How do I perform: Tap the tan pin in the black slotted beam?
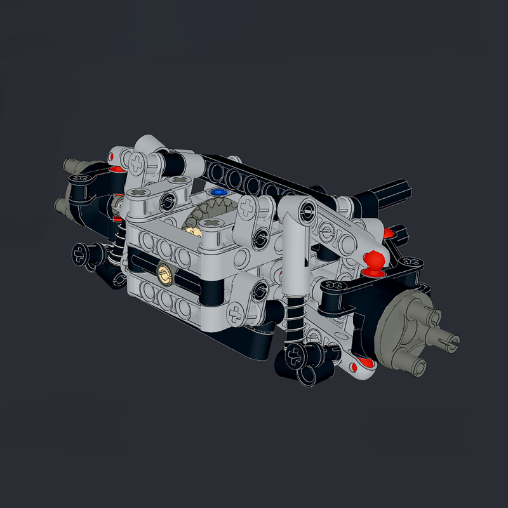point(164,274)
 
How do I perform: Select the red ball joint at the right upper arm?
point(374,261)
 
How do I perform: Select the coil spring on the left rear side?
point(116,244)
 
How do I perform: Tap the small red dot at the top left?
point(111,156)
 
